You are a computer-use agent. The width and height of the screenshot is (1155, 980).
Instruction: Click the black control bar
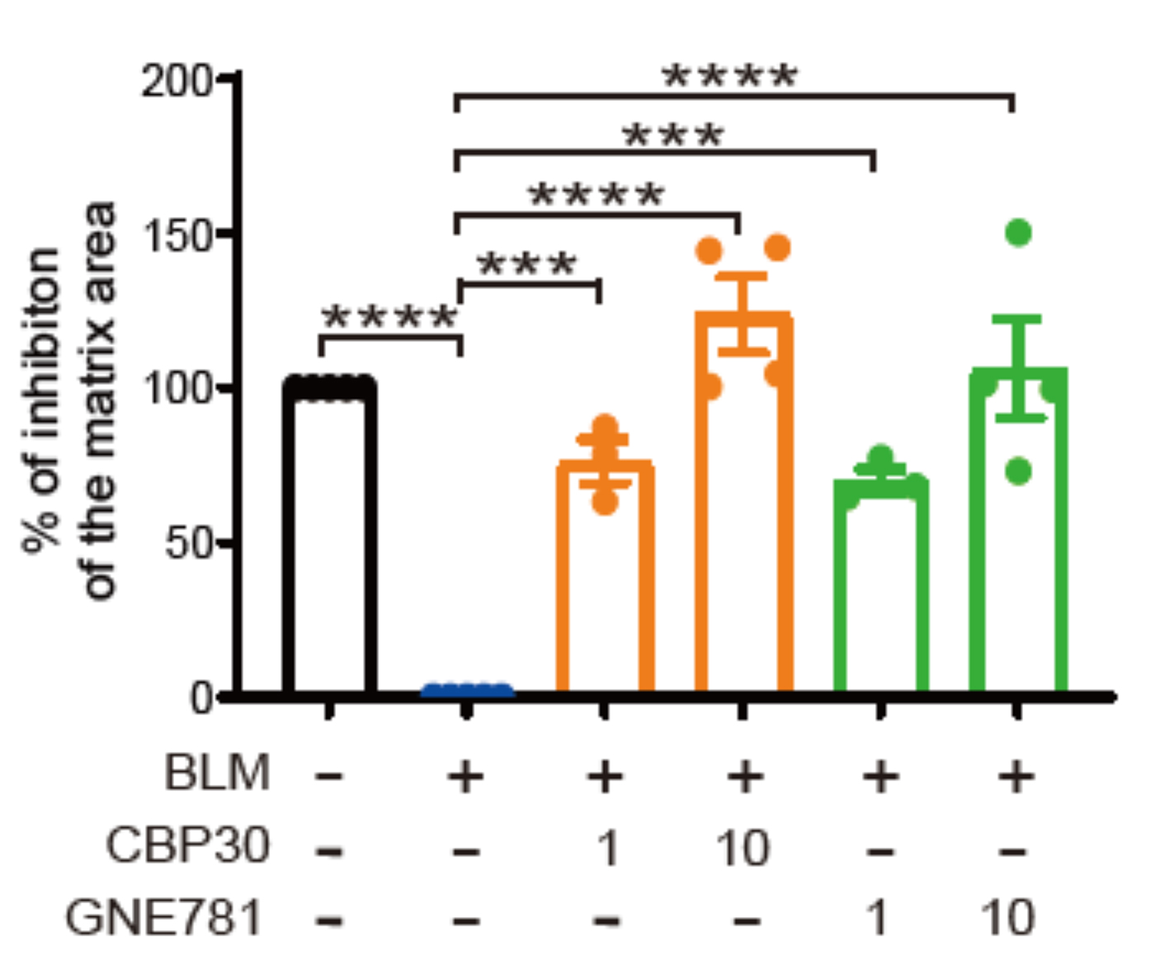tap(329, 536)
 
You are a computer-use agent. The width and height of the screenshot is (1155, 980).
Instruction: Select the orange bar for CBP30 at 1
tap(605, 577)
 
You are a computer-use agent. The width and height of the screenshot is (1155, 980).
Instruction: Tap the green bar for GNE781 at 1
tap(880, 586)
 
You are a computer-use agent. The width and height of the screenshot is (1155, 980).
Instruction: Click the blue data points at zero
tap(467, 690)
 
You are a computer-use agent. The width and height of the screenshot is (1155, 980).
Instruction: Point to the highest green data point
tap(1019, 233)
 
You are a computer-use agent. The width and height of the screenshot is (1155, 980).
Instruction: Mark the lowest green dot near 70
tap(1019, 472)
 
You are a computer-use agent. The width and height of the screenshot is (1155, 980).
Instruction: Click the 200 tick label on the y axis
tap(177, 81)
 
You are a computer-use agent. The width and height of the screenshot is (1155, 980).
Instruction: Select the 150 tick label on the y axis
tap(177, 236)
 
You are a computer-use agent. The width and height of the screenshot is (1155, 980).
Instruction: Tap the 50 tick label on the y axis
tap(188, 544)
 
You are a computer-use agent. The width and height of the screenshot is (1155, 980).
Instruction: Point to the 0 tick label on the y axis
tap(201, 698)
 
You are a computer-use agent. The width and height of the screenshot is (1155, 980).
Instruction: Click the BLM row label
tap(217, 774)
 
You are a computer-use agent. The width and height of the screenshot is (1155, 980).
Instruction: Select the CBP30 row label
tap(188, 846)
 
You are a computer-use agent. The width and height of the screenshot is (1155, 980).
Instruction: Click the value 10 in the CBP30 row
tap(743, 847)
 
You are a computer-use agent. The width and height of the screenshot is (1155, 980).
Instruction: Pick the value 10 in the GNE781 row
tap(1008, 917)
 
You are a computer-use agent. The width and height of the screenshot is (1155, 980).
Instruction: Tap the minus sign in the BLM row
tap(329, 775)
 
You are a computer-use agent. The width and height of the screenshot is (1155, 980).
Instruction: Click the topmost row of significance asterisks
tap(730, 77)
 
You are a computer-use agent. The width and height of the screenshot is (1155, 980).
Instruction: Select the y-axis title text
tap(70, 400)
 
